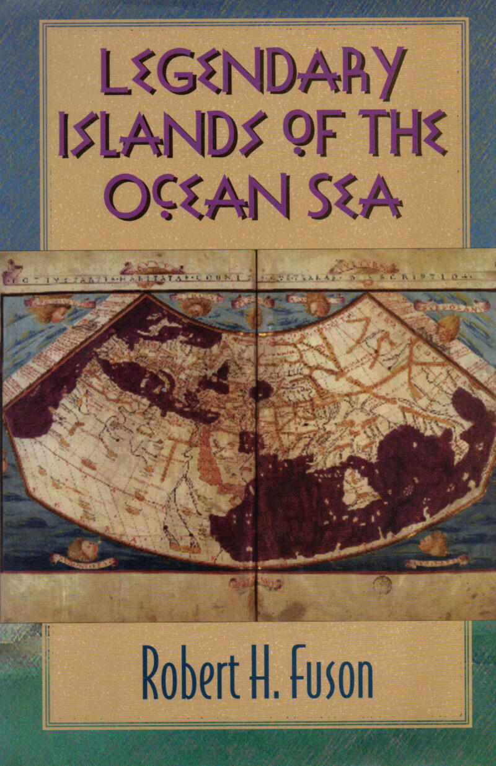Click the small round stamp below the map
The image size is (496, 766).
point(383,584)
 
